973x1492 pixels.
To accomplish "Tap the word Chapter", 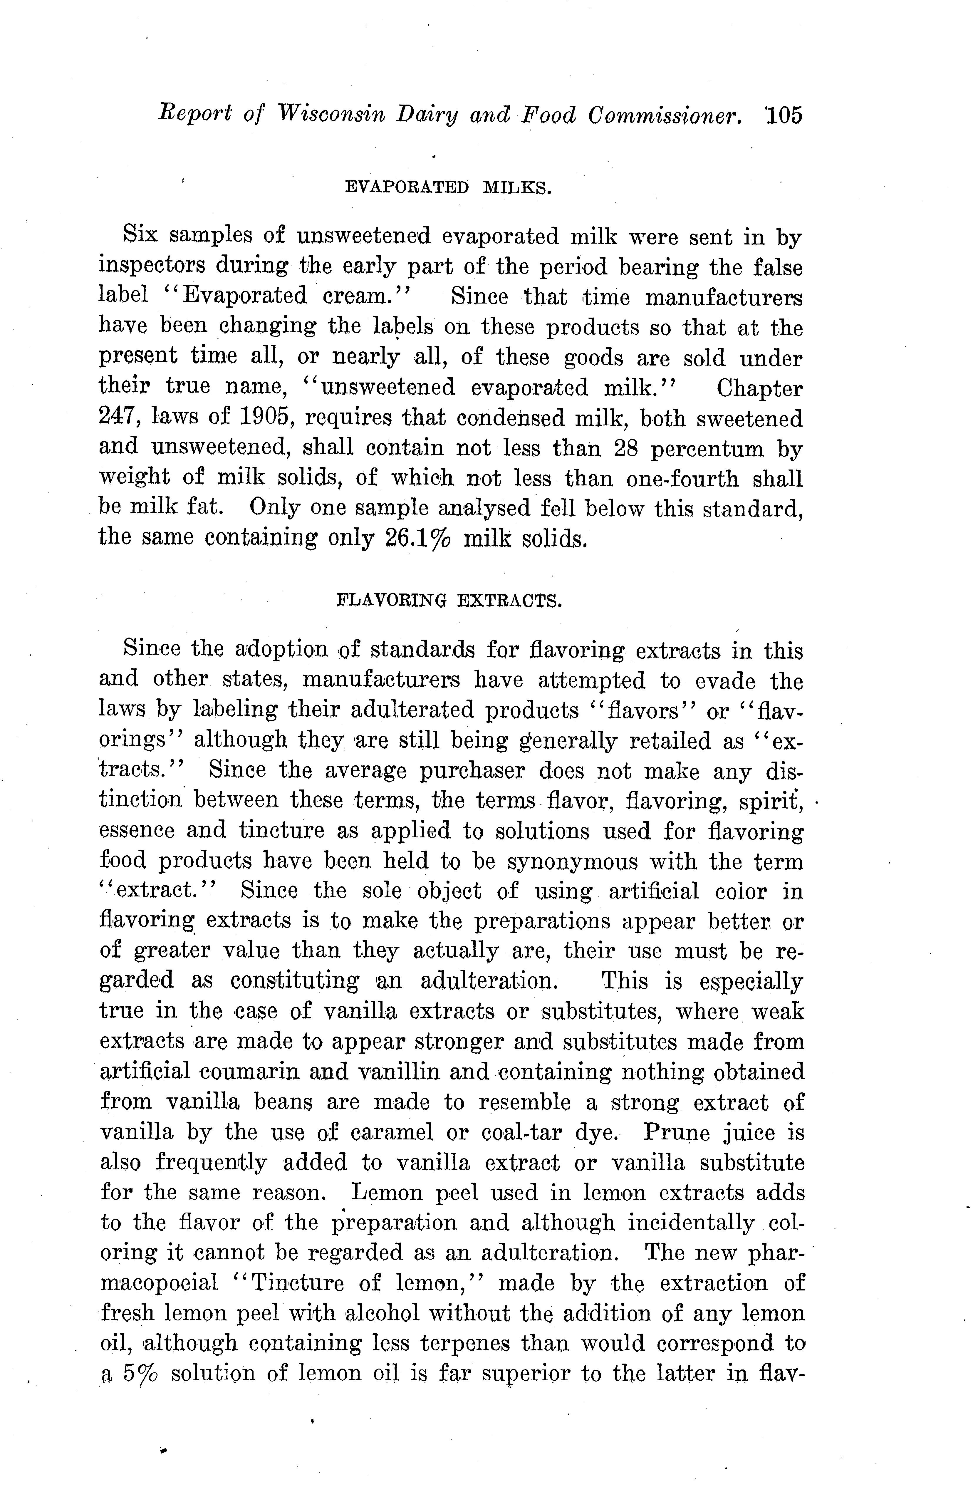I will (x=759, y=389).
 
